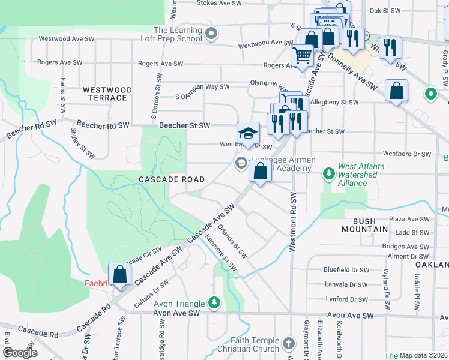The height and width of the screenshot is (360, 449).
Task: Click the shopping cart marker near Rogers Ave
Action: click(x=303, y=56)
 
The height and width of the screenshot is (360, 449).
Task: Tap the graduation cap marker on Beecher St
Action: click(x=247, y=133)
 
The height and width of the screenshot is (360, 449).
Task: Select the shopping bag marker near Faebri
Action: click(x=120, y=274)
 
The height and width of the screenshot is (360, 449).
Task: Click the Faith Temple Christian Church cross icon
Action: click(x=289, y=343)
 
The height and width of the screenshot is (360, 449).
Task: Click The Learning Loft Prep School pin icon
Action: click(x=211, y=34)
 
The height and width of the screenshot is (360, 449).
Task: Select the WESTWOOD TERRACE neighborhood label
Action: click(x=105, y=94)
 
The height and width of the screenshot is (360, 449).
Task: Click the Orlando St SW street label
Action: click(x=232, y=241)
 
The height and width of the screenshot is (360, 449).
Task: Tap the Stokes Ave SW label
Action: click(x=220, y=3)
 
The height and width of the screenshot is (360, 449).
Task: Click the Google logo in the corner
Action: click(x=20, y=353)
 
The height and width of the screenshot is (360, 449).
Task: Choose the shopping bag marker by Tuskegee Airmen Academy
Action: click(x=260, y=173)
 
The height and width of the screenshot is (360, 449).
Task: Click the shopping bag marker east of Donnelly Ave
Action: click(x=396, y=92)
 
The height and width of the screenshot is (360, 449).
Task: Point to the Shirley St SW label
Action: click(x=83, y=143)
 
